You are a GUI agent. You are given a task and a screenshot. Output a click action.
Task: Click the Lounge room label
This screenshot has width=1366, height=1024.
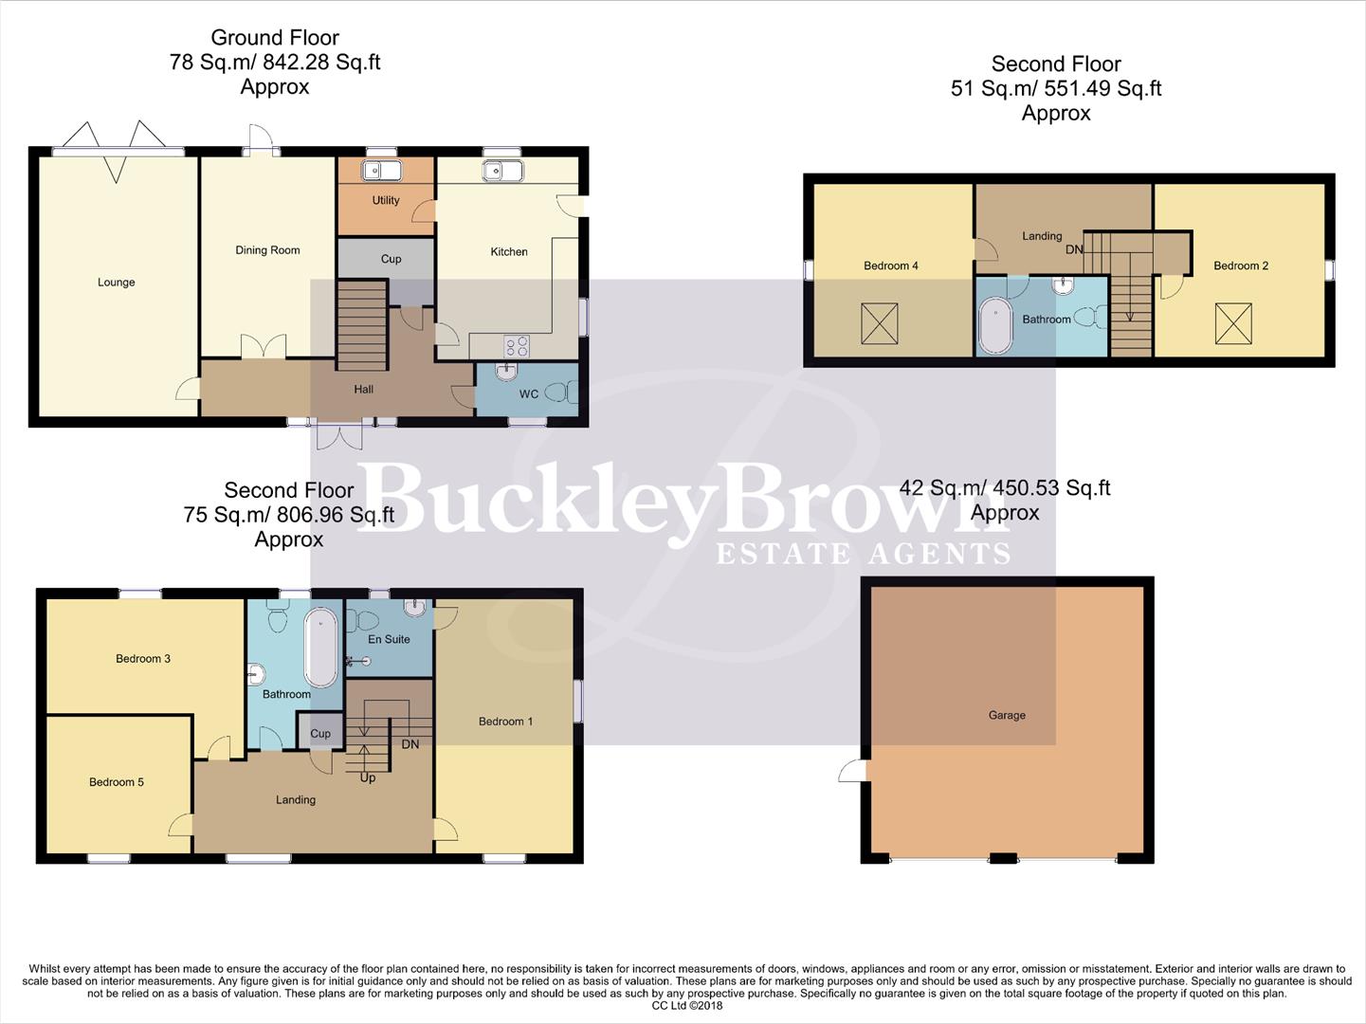click(x=116, y=282)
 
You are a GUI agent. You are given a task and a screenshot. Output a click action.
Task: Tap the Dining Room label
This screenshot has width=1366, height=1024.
click(x=267, y=250)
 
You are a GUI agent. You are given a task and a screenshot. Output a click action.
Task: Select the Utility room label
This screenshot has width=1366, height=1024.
click(x=386, y=200)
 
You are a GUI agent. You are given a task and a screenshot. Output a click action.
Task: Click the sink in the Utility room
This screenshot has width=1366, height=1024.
click(x=382, y=171)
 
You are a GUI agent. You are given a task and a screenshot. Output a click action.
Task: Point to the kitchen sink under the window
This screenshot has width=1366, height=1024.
click(x=501, y=172)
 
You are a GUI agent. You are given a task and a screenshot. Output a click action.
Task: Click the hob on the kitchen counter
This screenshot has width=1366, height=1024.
click(x=517, y=347)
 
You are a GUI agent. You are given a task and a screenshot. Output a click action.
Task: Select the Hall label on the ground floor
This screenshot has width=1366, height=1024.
click(x=363, y=389)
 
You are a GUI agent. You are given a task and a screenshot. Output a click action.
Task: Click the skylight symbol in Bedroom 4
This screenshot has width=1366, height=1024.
click(x=879, y=323)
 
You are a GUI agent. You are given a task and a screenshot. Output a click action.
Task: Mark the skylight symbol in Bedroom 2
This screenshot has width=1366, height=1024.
click(x=1232, y=323)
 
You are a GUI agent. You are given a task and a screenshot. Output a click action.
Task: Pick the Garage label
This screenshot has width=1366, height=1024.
click(x=1007, y=715)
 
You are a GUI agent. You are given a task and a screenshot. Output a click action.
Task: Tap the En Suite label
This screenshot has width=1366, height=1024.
click(x=389, y=639)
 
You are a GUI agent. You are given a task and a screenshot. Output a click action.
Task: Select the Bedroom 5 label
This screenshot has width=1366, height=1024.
click(x=117, y=782)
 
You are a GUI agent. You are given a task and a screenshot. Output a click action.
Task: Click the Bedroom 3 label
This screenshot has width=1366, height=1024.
click(x=143, y=658)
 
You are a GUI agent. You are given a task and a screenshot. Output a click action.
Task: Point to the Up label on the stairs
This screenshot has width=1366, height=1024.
click(x=368, y=777)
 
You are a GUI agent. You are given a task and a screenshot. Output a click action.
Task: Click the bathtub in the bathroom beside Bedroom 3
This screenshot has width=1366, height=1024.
click(x=320, y=648)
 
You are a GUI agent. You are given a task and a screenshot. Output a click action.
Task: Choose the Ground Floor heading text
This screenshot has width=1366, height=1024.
click(x=275, y=38)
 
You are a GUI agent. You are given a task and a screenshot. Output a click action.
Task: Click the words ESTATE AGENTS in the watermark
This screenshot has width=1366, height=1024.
click(x=863, y=554)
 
